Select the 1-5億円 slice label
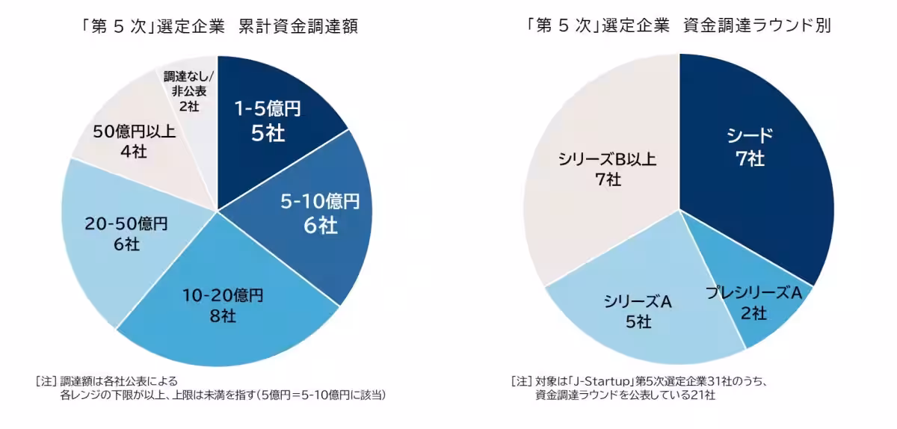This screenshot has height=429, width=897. pyautogui.click(x=268, y=110)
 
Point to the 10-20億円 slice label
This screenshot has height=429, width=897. pyautogui.click(x=224, y=295)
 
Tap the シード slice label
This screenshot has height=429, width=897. pyautogui.click(x=750, y=135)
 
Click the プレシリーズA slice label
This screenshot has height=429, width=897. pyautogui.click(x=753, y=293)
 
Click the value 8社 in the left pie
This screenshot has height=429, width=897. pyautogui.click(x=224, y=315)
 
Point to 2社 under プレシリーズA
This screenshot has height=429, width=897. pyautogui.click(x=753, y=313)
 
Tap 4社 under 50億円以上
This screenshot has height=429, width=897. pyautogui.click(x=134, y=152)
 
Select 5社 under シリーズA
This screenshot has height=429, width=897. pyautogui.click(x=638, y=322)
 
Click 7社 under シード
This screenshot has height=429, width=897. pyautogui.click(x=750, y=158)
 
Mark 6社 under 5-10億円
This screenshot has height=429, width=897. pyautogui.click(x=321, y=224)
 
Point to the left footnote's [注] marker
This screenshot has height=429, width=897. pyautogui.click(x=46, y=381)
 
